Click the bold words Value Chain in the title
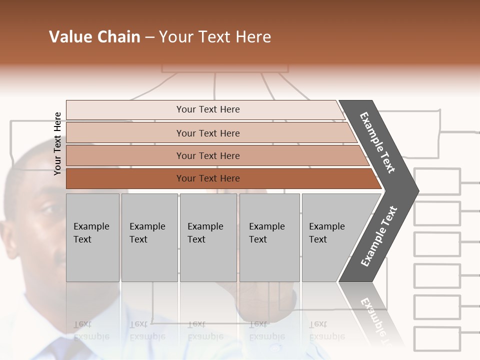coord(94,37)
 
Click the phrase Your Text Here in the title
coord(215,37)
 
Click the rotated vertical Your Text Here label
coord(57,143)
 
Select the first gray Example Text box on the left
coord(92,237)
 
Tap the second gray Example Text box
coord(149,237)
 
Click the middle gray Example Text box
coord(208,237)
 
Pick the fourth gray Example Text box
coord(269,237)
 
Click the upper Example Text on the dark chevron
coord(378,143)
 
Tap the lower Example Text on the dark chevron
coord(378,236)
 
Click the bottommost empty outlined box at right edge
coord(437,339)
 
